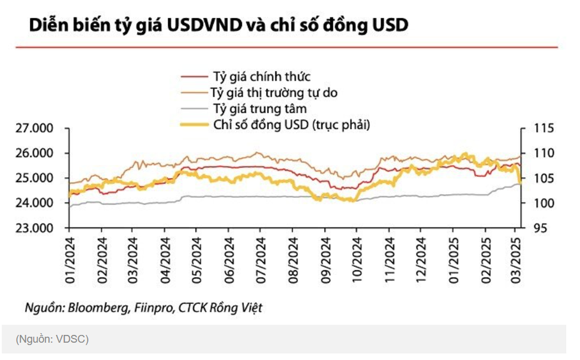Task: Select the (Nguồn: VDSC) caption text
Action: click(x=52, y=339)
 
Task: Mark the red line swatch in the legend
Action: click(x=194, y=76)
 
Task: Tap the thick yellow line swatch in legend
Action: click(x=194, y=125)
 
